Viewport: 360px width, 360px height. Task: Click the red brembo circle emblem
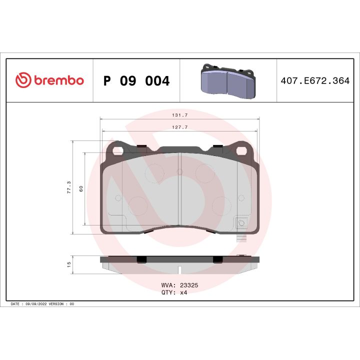[x=24, y=80]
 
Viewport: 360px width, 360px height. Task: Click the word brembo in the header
[x=58, y=81]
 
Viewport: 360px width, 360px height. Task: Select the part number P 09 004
[x=136, y=81]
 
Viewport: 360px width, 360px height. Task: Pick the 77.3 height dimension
[x=69, y=187]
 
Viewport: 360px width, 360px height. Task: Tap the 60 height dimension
[x=80, y=189]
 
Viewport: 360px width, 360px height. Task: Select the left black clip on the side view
[x=141, y=259]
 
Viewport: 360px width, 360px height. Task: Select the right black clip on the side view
[x=217, y=259]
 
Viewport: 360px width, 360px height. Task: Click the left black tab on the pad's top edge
[x=141, y=146]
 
